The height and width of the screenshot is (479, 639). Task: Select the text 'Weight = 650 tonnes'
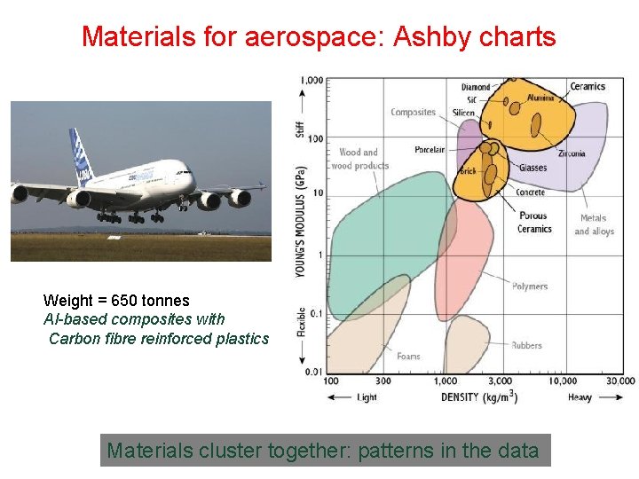click(116, 300)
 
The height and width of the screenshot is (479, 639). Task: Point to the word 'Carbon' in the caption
click(71, 338)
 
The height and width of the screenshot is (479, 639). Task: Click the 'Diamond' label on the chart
click(476, 87)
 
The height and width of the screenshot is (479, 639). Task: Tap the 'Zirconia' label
click(572, 153)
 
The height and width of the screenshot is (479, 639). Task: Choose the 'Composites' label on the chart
click(414, 112)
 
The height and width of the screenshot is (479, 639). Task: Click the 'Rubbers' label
click(526, 345)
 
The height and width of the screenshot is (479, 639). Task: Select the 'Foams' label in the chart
click(408, 357)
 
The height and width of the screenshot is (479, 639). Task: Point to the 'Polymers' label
click(530, 287)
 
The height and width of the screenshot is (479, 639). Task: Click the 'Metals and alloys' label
click(594, 224)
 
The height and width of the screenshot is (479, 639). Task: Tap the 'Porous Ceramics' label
click(534, 222)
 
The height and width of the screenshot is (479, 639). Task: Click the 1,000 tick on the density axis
click(446, 381)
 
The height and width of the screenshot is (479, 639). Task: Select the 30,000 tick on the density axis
click(619, 381)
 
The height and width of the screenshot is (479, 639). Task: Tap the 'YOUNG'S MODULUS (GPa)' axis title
click(302, 221)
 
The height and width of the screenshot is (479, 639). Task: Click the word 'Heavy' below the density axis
click(580, 397)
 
